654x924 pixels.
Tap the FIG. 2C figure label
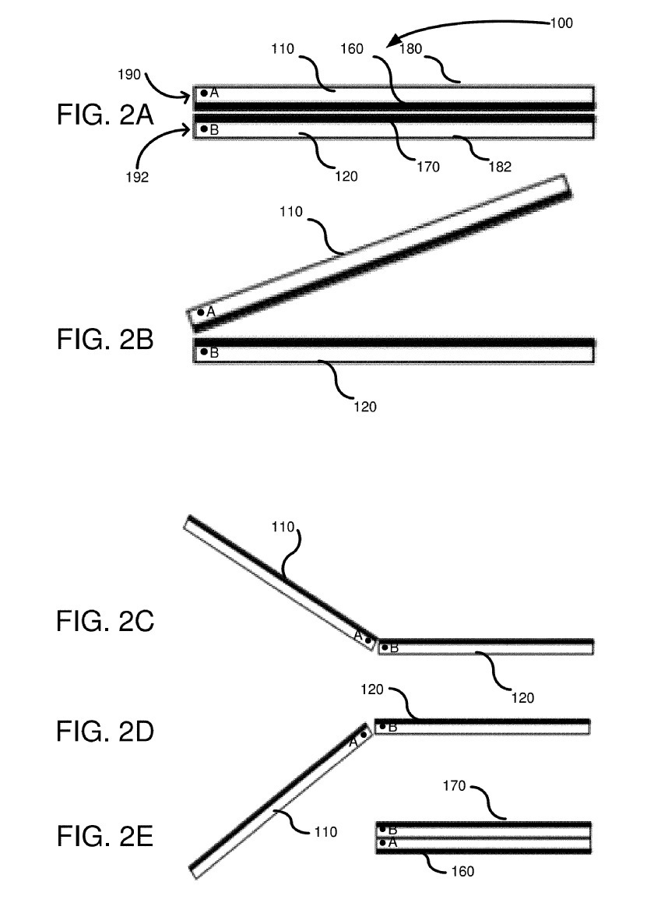coord(106,622)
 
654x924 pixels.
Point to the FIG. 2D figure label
coord(106,732)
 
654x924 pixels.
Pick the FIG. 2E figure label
coord(105,838)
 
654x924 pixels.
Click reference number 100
coord(561,23)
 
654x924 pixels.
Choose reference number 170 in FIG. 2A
coord(427,166)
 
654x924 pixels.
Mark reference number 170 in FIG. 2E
coord(453,786)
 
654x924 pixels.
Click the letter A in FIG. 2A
coord(214,93)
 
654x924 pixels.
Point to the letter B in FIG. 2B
coord(214,352)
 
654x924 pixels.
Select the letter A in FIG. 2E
coord(392,842)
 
